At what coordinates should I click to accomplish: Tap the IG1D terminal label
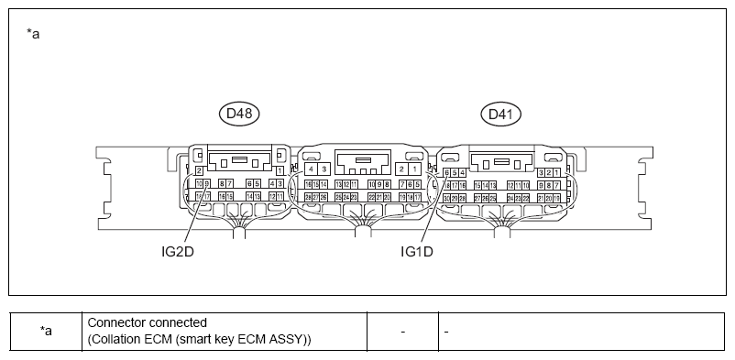point(418,250)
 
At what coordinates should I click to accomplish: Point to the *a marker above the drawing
point(34,34)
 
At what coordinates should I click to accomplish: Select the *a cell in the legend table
point(46,331)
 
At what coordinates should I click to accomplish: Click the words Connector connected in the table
point(147,322)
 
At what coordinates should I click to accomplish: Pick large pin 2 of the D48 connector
point(199,170)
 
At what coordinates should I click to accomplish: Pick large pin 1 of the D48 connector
point(279,170)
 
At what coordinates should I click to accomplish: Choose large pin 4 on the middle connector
point(312,169)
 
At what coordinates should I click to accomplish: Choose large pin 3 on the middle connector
point(324,169)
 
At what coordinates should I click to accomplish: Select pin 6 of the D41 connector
point(445,172)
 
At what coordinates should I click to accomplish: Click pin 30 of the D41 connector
point(445,197)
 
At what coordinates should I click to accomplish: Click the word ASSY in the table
point(289,339)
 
